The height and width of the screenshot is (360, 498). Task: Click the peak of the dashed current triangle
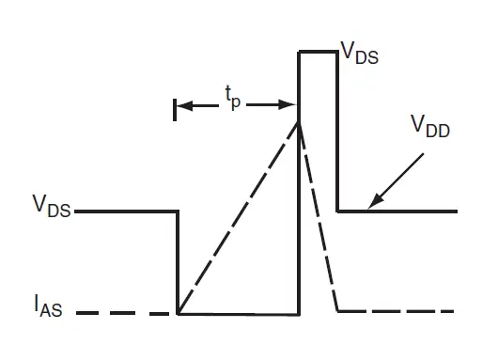[299, 120]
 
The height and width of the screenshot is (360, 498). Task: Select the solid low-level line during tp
[239, 313]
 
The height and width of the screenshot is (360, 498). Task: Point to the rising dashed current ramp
[238, 217]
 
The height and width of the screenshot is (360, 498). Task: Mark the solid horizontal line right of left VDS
[127, 211]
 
